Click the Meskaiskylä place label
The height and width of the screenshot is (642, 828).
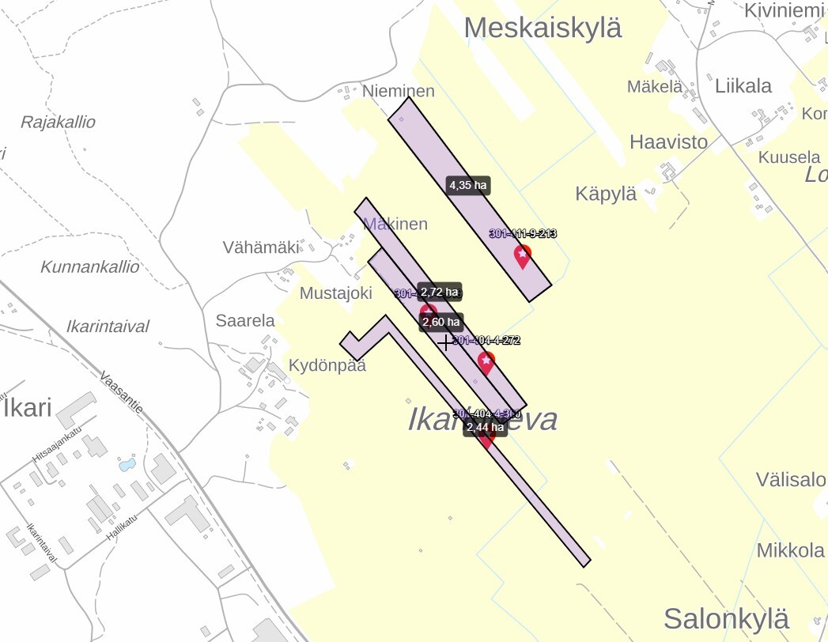point(543,28)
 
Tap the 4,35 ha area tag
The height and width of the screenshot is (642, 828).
point(468,186)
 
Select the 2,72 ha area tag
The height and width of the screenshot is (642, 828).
point(439,292)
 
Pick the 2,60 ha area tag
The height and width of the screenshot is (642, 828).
point(440,322)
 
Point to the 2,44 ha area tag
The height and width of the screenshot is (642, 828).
point(485,427)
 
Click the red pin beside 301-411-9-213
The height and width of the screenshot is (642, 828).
point(522,256)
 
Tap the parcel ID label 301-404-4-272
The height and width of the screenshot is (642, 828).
point(486,341)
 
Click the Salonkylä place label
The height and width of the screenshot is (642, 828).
point(726,617)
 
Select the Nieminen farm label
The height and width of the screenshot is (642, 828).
point(399,91)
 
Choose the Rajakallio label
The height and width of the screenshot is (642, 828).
point(58,122)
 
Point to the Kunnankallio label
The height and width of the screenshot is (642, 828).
point(89,266)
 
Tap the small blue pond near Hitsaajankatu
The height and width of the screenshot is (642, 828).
point(127,465)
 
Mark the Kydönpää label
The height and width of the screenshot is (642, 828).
point(327,366)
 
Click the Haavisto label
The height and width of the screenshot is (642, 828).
point(668,142)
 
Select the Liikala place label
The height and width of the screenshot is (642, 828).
point(743,85)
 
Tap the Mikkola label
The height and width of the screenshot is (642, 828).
point(791,550)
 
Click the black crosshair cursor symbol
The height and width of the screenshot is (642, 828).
point(445,342)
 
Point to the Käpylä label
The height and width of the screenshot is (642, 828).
point(606,194)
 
